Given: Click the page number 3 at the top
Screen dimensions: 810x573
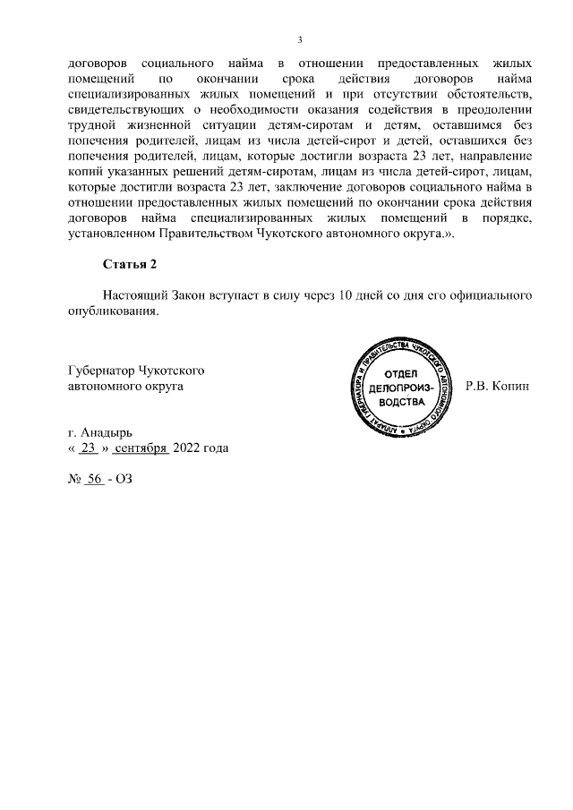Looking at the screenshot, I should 300,39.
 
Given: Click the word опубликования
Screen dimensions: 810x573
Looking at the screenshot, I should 114,311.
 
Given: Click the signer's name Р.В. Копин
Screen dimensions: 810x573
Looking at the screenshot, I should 498,387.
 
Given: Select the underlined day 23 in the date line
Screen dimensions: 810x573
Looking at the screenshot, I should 88,448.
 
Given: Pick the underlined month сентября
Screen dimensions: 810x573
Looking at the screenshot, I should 141,448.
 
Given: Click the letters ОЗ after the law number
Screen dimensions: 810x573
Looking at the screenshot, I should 123,479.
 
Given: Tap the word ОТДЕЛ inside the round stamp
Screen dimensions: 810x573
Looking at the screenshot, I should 400,374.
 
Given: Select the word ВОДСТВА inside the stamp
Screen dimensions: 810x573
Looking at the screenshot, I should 400,403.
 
